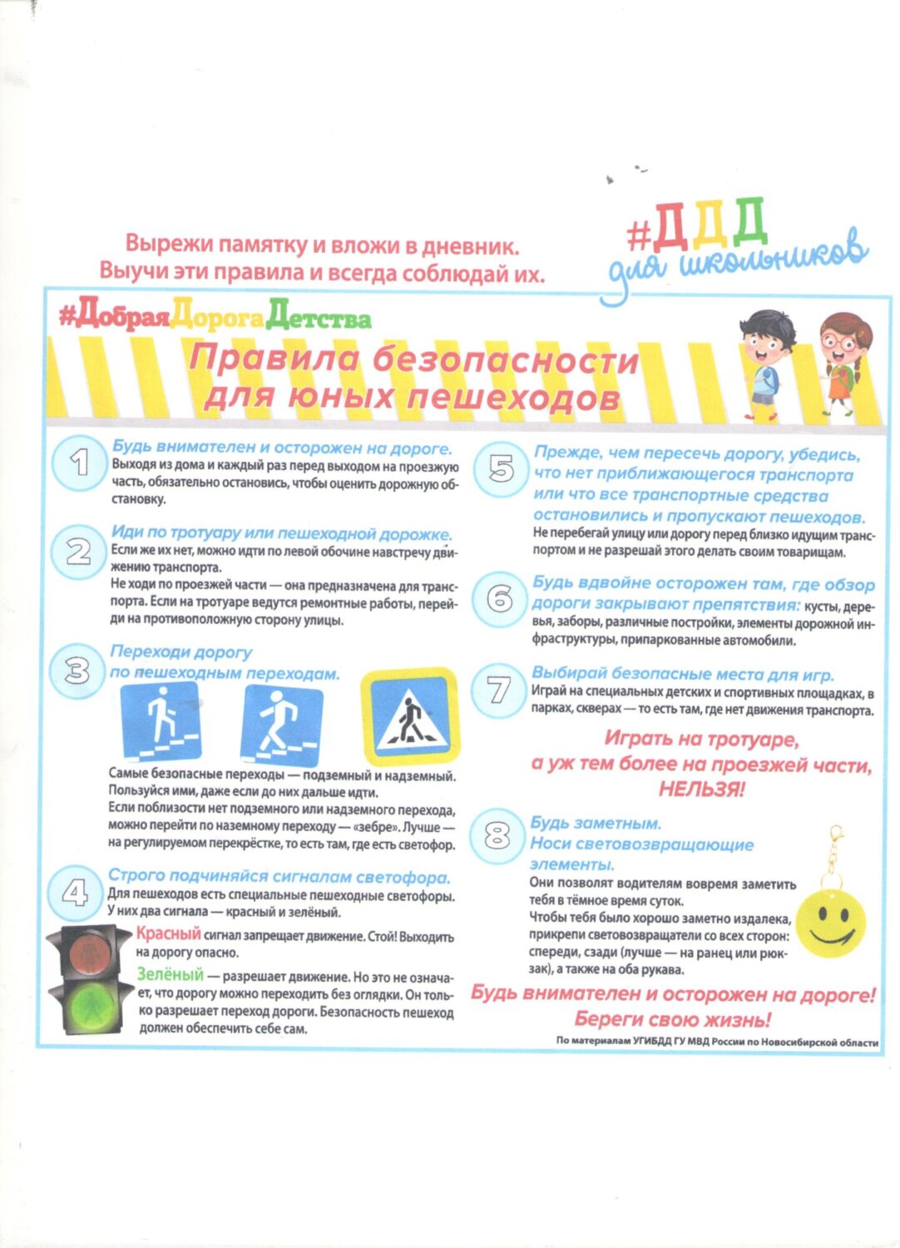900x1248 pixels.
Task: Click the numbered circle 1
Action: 79,463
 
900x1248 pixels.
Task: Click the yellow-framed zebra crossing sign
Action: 408,716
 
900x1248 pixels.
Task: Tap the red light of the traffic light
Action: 90,953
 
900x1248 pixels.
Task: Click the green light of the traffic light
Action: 91,1003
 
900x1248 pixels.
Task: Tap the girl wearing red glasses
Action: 842,362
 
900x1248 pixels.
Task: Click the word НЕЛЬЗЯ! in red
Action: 702,789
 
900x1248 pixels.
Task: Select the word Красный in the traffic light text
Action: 169,934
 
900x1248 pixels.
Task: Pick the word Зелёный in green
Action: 170,973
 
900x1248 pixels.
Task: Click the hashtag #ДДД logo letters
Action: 697,225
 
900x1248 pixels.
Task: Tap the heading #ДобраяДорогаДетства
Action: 215,318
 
